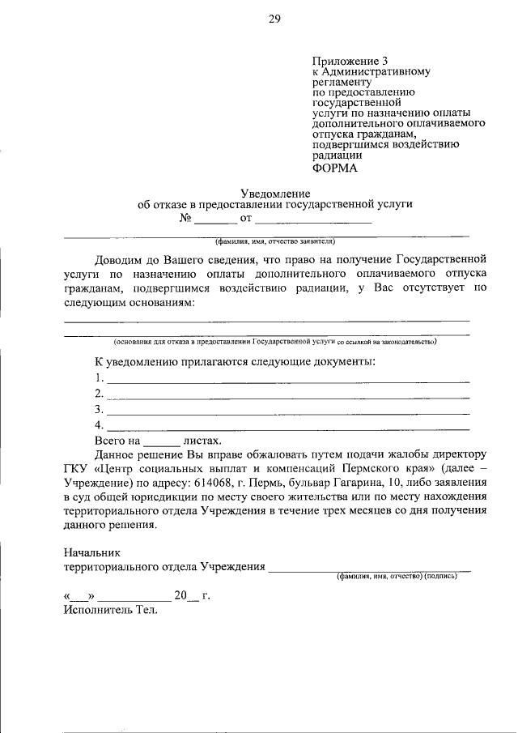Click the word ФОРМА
[333, 168]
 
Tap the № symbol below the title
[185, 218]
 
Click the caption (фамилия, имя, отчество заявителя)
[274, 241]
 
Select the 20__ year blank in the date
[187, 596]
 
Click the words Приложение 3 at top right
[344, 61]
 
